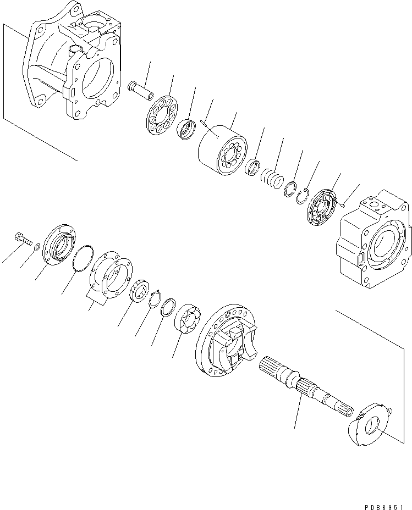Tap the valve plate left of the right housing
coord(322,208)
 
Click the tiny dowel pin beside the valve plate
coord(342,206)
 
